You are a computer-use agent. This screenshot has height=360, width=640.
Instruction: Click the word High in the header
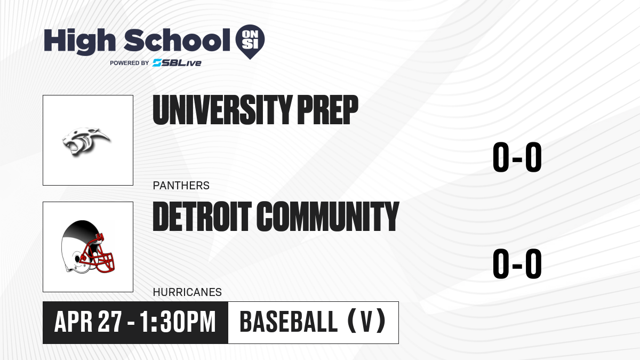pos(79,42)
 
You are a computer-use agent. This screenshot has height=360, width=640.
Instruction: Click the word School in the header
pos(177,41)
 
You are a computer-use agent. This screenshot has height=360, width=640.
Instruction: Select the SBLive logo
pos(177,63)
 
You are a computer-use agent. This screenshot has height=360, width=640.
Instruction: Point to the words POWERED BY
pos(130,63)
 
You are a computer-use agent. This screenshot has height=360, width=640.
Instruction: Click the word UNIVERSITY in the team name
pos(222,110)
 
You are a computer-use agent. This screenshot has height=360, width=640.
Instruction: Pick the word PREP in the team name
pos(327,110)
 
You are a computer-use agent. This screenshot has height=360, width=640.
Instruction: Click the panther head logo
pos(86,142)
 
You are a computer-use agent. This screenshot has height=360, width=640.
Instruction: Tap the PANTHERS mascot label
pos(181,186)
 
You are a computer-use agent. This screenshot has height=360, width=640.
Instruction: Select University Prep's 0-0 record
pos(517,157)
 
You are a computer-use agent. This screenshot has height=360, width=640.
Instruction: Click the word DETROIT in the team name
pos(202,217)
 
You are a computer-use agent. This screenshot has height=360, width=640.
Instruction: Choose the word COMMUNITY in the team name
pos(327,217)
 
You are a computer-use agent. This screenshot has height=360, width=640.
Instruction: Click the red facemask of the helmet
pos(98,255)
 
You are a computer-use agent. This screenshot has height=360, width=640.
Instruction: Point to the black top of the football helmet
pos(82,229)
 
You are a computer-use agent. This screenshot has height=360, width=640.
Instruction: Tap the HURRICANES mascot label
pos(187,292)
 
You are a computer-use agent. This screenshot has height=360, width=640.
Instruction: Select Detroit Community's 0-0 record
pos(517,263)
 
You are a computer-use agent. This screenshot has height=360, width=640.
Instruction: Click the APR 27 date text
pos(89,322)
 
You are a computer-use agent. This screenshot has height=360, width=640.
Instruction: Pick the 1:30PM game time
pos(178,322)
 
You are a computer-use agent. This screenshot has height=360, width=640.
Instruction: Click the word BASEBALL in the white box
pos(289,322)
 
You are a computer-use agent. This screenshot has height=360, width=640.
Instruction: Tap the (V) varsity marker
pos(366,322)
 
